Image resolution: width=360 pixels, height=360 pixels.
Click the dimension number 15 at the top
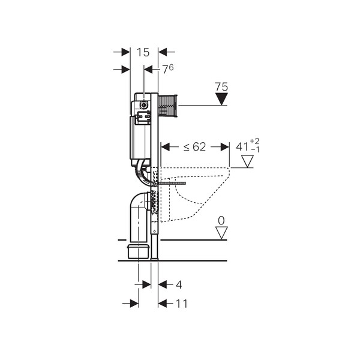[x=143, y=52]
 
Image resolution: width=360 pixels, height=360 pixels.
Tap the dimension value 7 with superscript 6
[x=168, y=69]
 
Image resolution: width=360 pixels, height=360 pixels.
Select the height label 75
[x=221, y=87]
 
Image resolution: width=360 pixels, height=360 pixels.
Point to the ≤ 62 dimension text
[x=194, y=147]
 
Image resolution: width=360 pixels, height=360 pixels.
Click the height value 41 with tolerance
[x=247, y=146]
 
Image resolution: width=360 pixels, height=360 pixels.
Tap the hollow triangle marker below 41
[x=247, y=161]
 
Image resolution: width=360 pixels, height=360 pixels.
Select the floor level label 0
[x=221, y=221]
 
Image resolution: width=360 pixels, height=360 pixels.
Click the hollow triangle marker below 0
[x=221, y=233]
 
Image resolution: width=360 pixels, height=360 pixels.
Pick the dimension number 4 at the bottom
[x=179, y=285]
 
